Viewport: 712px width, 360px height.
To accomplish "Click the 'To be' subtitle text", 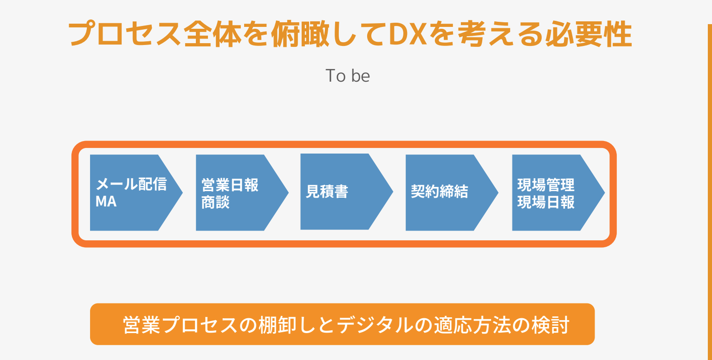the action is pos(348,76).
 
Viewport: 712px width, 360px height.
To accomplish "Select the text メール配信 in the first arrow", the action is pos(131,184).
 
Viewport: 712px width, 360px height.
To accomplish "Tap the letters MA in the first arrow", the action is pos(106,201).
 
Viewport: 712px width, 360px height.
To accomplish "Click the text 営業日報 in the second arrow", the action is pos(230,185).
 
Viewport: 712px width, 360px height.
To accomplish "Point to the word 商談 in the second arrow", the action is pos(215,202).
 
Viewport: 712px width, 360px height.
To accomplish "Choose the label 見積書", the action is pos(327,192).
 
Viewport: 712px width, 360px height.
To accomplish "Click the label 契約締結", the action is pos(440,192).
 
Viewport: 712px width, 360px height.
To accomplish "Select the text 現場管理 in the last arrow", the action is pos(546,185).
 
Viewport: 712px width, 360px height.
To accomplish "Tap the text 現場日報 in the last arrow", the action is pos(546,202).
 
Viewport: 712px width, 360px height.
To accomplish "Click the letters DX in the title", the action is pos(408,34).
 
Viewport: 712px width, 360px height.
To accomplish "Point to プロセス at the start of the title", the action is pos(125,34).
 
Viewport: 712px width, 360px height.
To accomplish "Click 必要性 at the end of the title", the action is pos(589,34).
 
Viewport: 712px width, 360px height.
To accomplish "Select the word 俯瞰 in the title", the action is pos(300,34).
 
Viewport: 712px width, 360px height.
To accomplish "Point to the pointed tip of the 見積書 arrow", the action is pos(393,192).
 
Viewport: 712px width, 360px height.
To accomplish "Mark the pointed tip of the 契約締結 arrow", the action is pos(498,193).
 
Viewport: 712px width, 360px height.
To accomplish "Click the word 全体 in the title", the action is pos(213,34).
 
